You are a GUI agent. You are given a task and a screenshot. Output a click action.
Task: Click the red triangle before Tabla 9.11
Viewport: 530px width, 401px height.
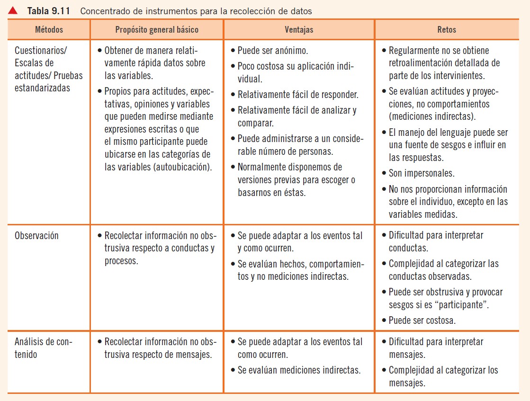coord(13,10)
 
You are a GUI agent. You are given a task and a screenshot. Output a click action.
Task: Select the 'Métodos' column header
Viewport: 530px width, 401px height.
coord(49,29)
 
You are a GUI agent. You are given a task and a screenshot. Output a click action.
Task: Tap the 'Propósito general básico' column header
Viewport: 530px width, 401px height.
coord(157,29)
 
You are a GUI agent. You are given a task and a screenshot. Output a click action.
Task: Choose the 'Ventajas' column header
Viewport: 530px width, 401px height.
coord(299,29)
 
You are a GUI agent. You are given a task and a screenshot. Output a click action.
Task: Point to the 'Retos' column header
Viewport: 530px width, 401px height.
coord(447,29)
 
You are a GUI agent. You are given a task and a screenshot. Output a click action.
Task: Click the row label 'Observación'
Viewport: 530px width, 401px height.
coord(37,235)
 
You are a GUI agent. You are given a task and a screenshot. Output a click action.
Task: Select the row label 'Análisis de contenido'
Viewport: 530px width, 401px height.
coord(43,348)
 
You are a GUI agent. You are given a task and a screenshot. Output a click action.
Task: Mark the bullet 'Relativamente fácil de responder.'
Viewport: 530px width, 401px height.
coord(297,94)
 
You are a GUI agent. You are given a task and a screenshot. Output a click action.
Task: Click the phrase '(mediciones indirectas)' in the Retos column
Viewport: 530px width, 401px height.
coord(432,116)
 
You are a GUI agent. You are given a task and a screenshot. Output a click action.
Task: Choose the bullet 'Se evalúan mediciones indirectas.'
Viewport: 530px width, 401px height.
coord(299,370)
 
